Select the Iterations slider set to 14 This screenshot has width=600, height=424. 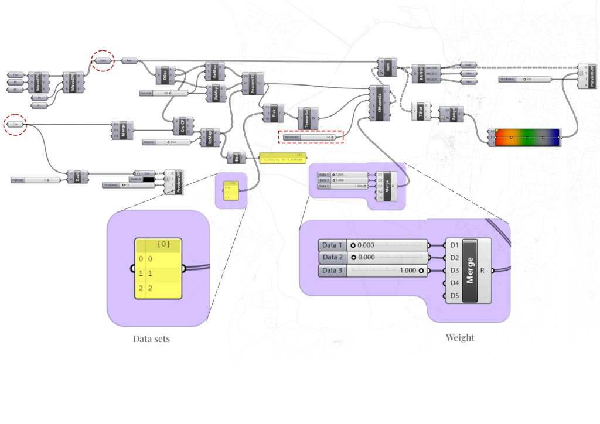pos(311,137)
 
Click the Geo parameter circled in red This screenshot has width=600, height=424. pos(103,60)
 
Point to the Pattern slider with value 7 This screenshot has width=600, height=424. pos(36,180)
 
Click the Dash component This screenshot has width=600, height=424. pos(77,177)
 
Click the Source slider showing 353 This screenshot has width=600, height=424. pos(166,142)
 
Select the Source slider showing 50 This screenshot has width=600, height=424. pos(163,93)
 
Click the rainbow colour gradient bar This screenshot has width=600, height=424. pos(527,137)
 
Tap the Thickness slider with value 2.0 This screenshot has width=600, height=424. pos(525,78)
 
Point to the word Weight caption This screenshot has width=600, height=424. pos(460,338)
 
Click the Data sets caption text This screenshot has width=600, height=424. pos(151,338)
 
